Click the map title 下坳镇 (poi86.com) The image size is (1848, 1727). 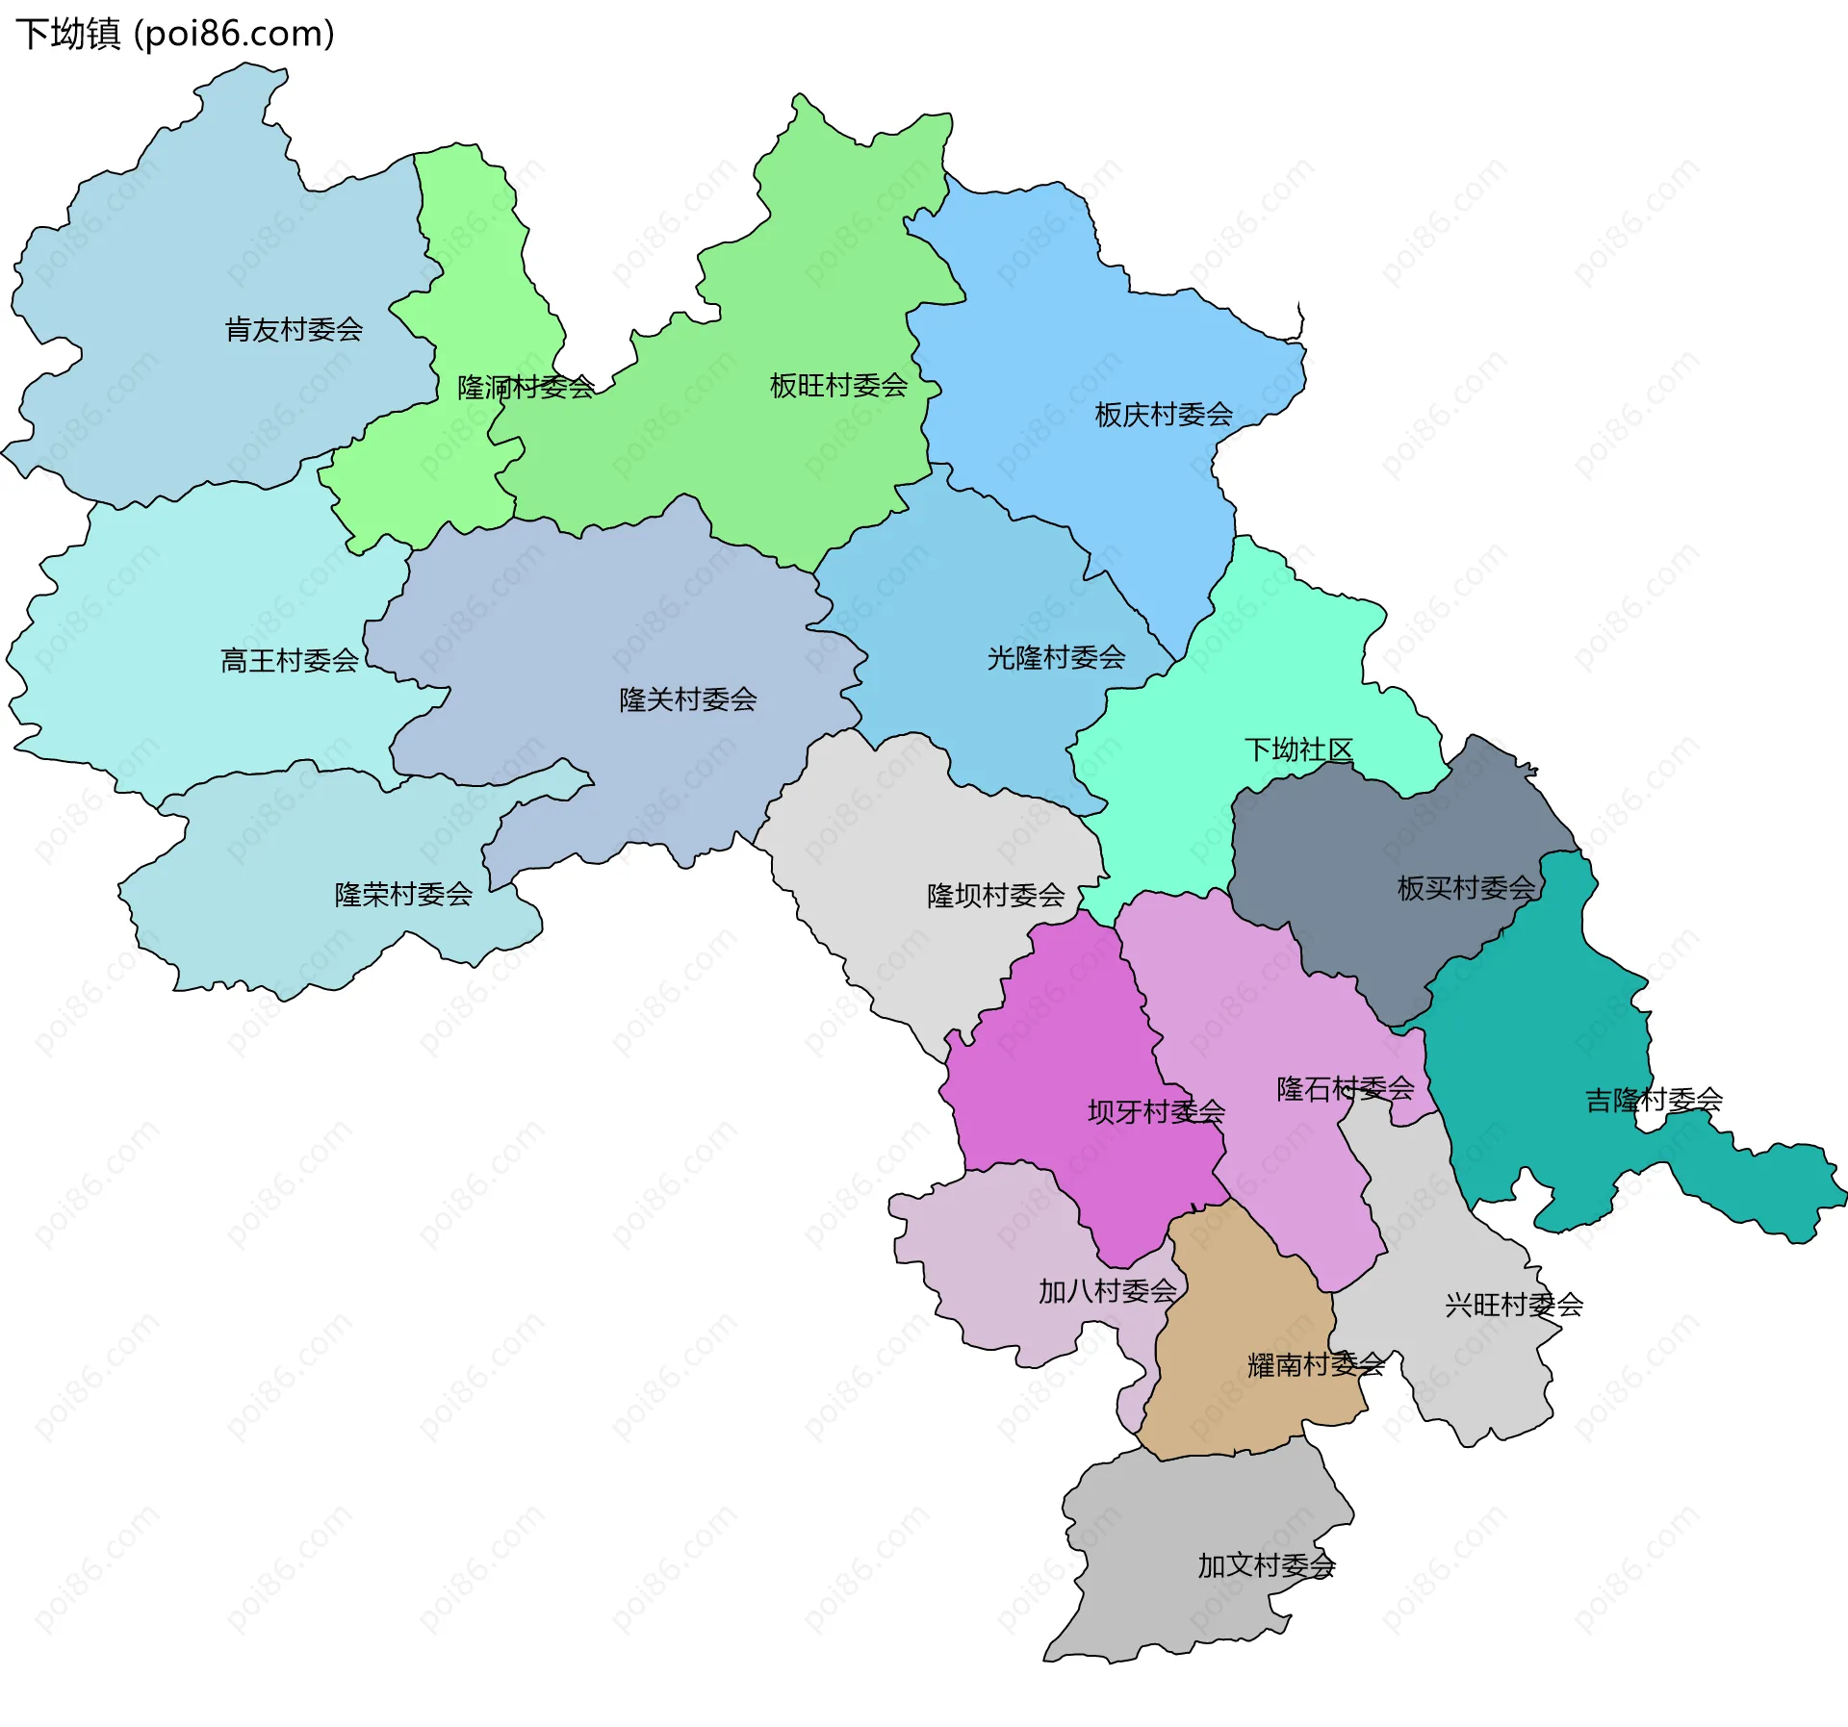(x=174, y=34)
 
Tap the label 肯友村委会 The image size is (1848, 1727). (x=294, y=330)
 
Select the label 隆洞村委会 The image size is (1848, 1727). (x=526, y=388)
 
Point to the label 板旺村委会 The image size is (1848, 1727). (x=838, y=386)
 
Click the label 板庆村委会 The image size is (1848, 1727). (x=1163, y=415)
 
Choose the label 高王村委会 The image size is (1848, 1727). (x=289, y=661)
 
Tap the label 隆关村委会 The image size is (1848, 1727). (x=687, y=699)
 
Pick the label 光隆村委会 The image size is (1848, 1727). (x=1056, y=658)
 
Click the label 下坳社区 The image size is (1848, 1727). (x=1298, y=749)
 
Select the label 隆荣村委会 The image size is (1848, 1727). (x=403, y=895)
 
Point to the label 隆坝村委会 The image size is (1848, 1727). (x=995, y=896)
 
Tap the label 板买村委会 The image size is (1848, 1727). (x=1466, y=888)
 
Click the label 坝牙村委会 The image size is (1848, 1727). (x=1156, y=1112)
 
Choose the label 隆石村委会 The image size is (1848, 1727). (x=1345, y=1089)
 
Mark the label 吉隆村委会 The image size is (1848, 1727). (x=1654, y=1100)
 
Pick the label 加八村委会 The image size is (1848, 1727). (x=1107, y=1291)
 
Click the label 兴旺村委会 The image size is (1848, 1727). (x=1513, y=1306)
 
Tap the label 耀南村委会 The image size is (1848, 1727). (x=1316, y=1365)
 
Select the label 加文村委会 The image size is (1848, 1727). (x=1266, y=1566)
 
